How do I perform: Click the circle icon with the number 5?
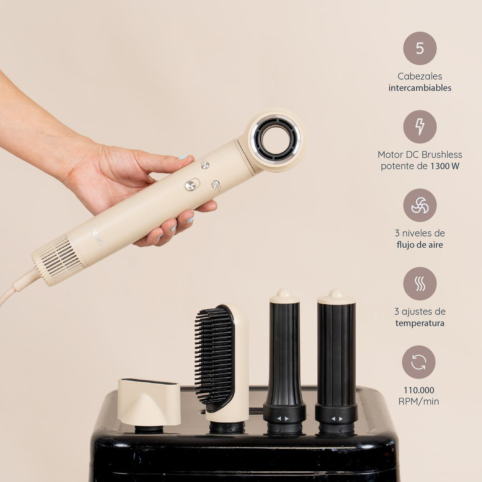coord(420,48)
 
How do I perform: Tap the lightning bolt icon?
coord(420,127)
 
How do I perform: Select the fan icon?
coord(420,205)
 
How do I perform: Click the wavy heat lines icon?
coord(420,283)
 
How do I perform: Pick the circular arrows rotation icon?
coord(419,362)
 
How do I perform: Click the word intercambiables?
coord(420,88)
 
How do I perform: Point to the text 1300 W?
coord(445,166)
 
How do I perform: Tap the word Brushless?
coord(442,155)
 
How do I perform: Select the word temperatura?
coord(420,323)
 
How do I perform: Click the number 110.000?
coord(419,390)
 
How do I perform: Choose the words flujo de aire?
coord(420,245)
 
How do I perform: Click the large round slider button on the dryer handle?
coord(190,185)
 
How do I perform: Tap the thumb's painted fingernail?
coord(183,157)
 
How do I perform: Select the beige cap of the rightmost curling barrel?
coord(336,297)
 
